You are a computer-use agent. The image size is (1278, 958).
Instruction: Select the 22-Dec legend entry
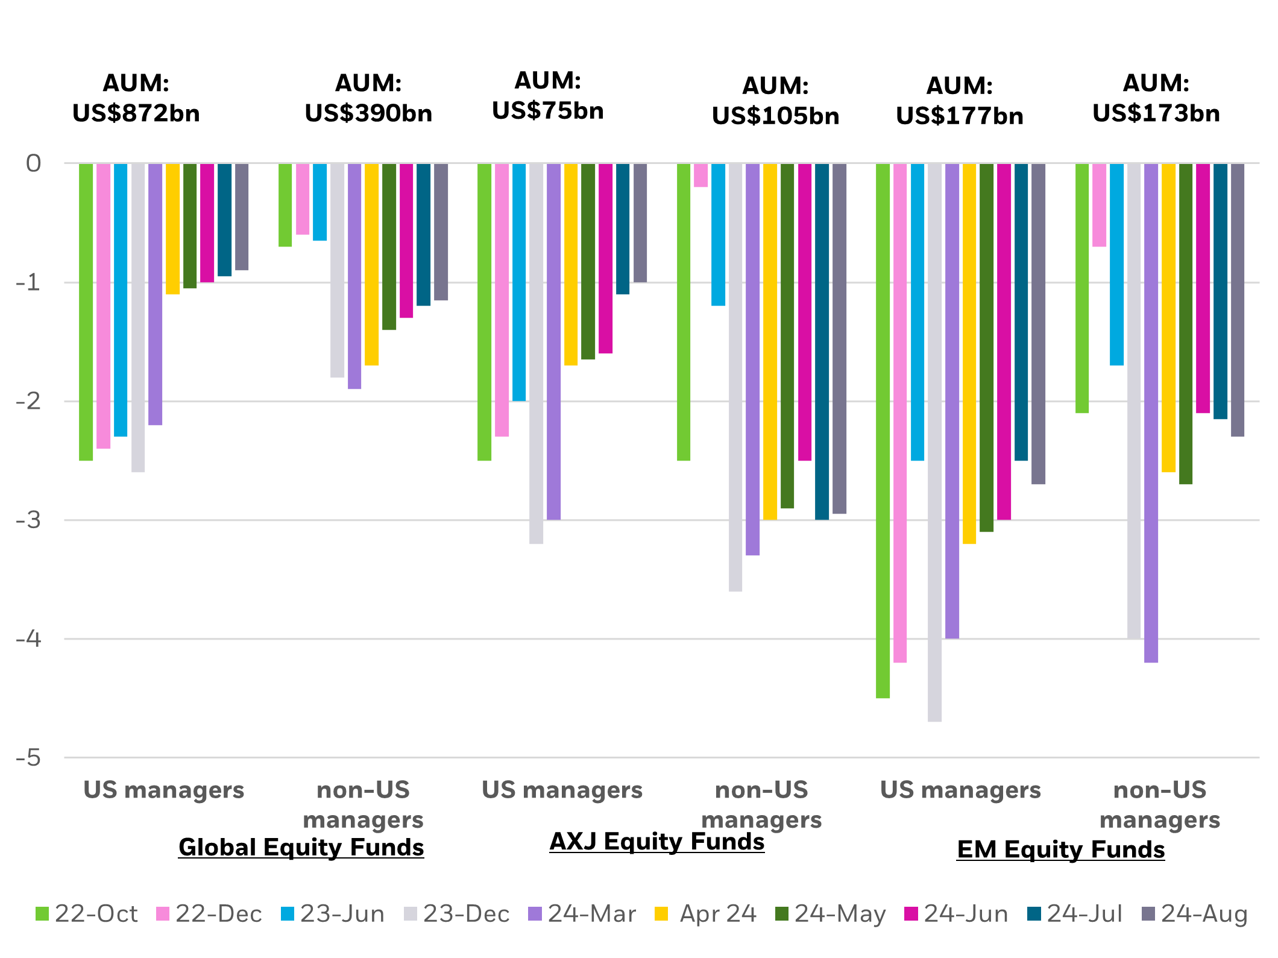coord(209,914)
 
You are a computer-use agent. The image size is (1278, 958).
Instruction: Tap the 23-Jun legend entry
coord(333,914)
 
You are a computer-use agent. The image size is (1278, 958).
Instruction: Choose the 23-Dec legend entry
coord(457,914)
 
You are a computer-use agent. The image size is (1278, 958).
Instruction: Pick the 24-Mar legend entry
coord(582,914)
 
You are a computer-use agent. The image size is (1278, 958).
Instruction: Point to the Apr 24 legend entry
coord(706,914)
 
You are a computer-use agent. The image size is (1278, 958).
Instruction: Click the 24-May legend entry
coord(830,914)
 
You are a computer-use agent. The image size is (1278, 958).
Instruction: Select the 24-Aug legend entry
coord(1194,914)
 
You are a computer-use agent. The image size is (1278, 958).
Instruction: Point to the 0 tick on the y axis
coord(34,163)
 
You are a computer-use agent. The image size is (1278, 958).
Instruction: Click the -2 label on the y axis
coord(29,401)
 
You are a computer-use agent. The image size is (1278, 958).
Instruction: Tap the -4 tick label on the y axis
coord(29,638)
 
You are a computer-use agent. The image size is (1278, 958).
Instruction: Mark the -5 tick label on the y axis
coord(29,757)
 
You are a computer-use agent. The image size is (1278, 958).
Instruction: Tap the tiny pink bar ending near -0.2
coord(701,175)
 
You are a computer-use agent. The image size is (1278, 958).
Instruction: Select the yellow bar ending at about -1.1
coord(173,229)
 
